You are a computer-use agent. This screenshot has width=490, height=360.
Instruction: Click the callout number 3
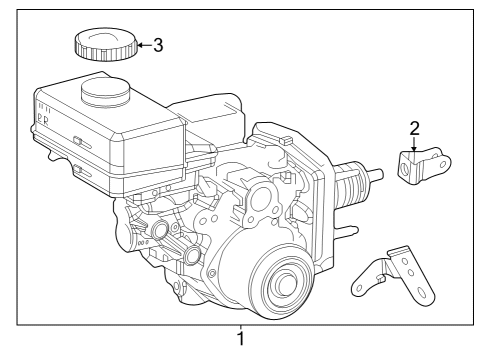pyautogui.click(x=157, y=45)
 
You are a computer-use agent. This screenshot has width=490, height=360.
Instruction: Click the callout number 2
pyautogui.click(x=413, y=127)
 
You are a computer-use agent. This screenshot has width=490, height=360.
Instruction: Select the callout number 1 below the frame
pyautogui.click(x=240, y=341)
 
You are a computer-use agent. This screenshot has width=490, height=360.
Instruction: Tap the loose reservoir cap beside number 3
pyautogui.click(x=103, y=44)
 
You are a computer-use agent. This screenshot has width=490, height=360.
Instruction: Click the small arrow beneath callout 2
pyautogui.click(x=413, y=145)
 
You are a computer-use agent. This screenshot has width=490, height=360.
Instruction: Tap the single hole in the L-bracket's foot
pyautogui.click(x=359, y=290)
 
